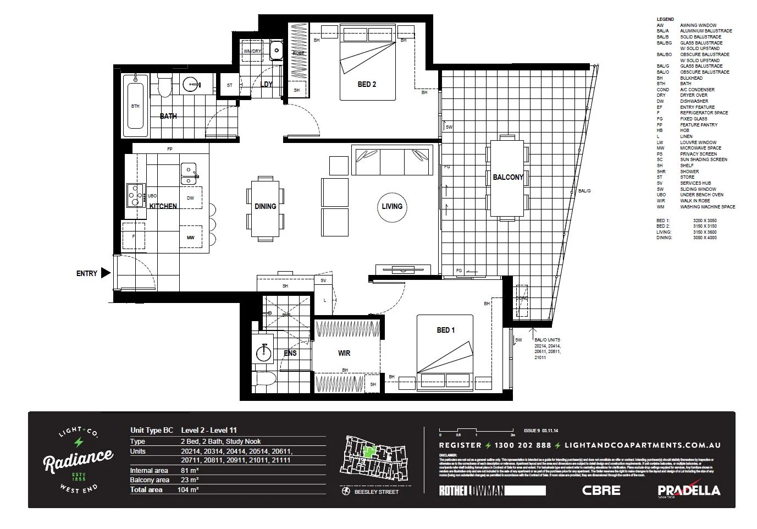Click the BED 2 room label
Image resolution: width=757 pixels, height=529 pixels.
[x=366, y=84]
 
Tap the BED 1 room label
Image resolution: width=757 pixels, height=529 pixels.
[x=445, y=330]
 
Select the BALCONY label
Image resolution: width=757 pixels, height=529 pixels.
[x=507, y=177]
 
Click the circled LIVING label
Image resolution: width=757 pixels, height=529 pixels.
[x=392, y=206]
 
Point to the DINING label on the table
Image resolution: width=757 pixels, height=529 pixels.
[x=265, y=206]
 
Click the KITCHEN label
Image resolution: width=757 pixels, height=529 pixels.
[x=163, y=206]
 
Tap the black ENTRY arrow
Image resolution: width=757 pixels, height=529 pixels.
[x=106, y=273]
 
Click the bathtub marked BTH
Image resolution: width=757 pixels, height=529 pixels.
[x=135, y=106]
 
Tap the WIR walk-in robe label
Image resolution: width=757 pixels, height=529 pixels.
[x=344, y=353]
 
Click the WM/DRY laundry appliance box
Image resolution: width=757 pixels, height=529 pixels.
[x=253, y=51]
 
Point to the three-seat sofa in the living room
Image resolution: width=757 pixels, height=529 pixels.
[x=392, y=161]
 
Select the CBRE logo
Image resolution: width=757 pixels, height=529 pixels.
[x=601, y=490]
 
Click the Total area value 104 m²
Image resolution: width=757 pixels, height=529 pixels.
[x=190, y=489]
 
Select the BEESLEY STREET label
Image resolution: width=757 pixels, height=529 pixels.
[x=376, y=492]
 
